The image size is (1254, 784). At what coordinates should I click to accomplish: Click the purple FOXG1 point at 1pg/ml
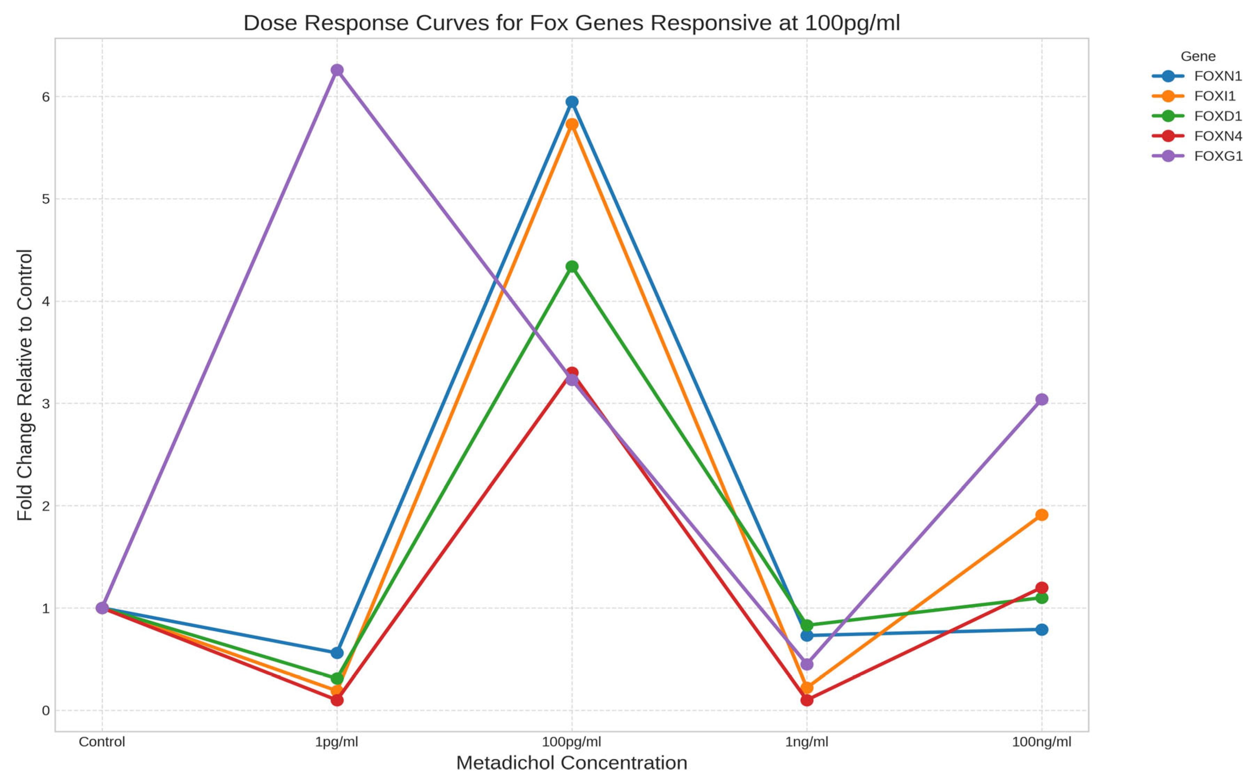coord(337,70)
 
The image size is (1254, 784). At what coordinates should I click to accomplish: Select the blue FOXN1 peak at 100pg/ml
coord(572,102)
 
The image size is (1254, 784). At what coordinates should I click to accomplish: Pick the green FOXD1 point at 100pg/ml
coord(572,267)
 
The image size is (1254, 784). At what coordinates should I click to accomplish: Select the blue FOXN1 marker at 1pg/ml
coord(337,653)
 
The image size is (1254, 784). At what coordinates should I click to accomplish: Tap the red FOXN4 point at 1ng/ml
coord(807,700)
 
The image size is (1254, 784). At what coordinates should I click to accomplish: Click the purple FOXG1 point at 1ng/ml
coord(807,664)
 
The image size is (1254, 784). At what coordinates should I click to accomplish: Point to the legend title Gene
coord(1198,56)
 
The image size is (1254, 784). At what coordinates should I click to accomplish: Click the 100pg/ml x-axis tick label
coord(572,742)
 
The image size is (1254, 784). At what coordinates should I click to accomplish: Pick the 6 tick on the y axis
coord(46,97)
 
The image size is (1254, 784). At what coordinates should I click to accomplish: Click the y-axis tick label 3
coord(46,404)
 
